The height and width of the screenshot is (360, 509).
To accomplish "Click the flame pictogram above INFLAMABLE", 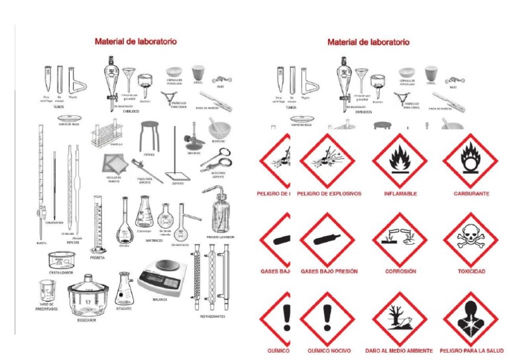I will (400, 160).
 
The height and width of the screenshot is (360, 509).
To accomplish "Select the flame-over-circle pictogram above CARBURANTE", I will (470, 160).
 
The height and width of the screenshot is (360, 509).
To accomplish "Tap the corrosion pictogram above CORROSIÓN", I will (400, 239).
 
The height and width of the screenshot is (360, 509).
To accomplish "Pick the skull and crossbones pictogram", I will (470, 239).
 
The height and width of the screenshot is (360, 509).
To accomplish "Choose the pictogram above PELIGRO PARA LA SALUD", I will (470, 318).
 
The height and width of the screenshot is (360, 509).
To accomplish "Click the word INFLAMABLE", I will (400, 194).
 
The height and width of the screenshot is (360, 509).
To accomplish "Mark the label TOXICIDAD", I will (471, 271).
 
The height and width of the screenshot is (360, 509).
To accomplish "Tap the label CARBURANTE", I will (471, 194).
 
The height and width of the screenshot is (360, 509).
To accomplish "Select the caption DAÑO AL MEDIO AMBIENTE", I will (399, 350).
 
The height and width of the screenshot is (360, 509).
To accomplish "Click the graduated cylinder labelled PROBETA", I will (98, 218).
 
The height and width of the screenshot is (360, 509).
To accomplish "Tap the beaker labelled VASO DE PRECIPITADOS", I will (47, 289).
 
